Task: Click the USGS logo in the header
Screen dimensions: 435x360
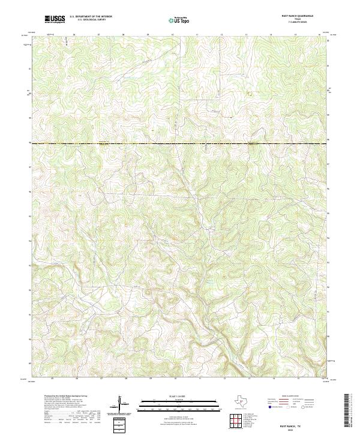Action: pyautogui.click(x=55, y=19)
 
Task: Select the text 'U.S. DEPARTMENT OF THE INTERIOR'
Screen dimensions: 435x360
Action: pyautogui.click(x=91, y=17)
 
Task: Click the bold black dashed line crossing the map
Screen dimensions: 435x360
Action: pyautogui.click(x=180, y=143)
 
